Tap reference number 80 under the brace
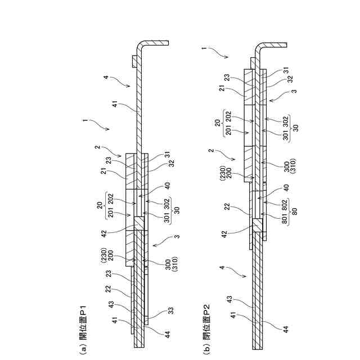pos(295,213)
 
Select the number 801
pos(286,219)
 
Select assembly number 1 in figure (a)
pos(85,120)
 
